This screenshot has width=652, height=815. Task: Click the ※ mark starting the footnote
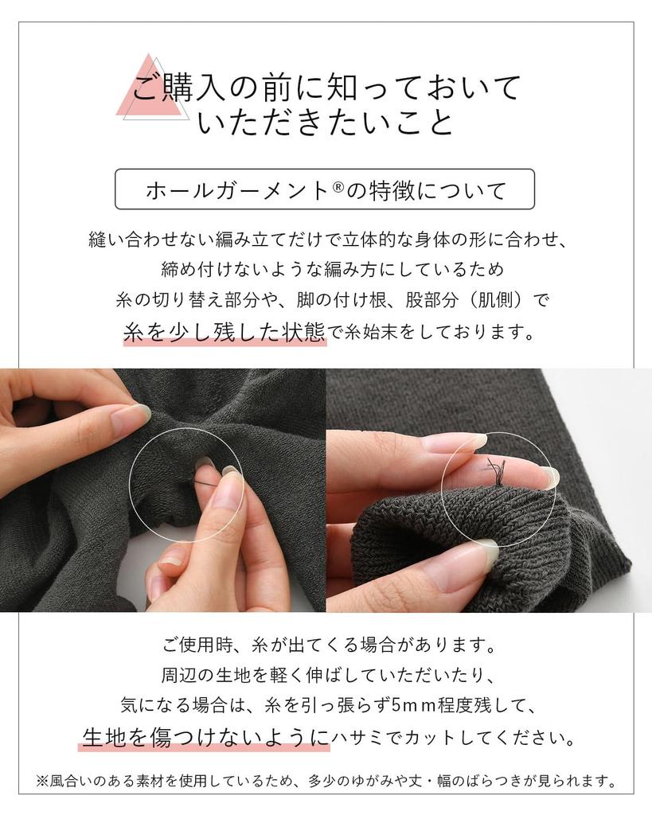click(43, 780)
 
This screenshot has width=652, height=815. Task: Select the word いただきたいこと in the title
click(325, 124)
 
